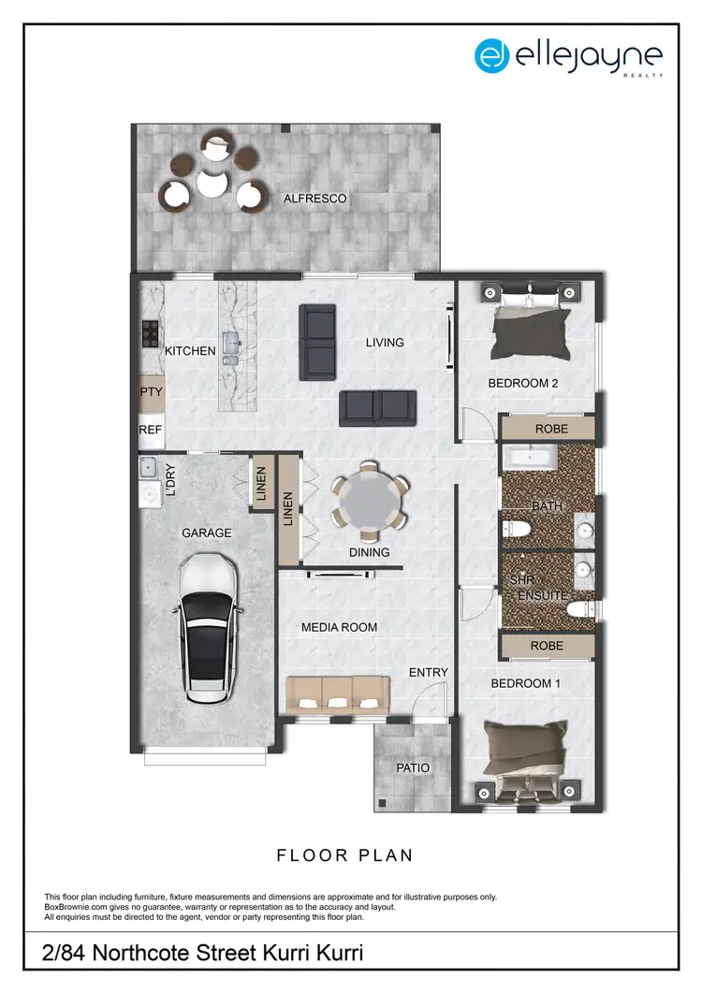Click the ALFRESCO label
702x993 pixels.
point(314,198)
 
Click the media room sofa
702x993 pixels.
point(337,693)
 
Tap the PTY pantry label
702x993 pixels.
point(151,392)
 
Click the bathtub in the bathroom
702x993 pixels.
point(531,458)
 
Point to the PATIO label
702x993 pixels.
point(413,767)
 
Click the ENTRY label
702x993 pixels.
point(429,672)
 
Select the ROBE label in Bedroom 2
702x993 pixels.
point(548,428)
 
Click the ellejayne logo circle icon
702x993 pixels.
point(491,56)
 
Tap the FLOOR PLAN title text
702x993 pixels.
point(344,855)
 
